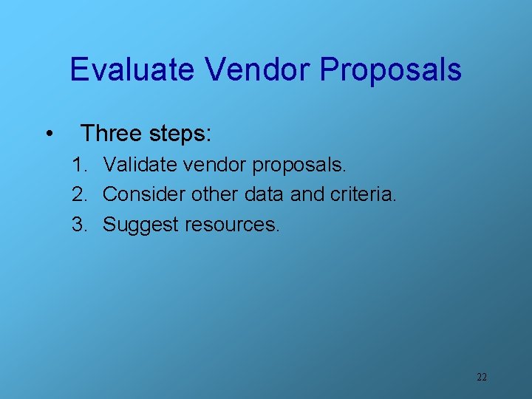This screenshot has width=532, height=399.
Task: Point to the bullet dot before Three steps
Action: (48, 134)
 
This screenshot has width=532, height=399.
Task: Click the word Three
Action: (110, 133)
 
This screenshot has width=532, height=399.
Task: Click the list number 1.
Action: (78, 165)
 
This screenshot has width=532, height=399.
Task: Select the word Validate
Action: (138, 165)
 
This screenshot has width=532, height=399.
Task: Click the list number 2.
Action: (78, 194)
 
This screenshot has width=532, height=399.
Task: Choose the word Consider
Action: (144, 194)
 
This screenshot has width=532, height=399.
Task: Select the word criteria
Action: (364, 194)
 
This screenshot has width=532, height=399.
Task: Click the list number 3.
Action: (78, 224)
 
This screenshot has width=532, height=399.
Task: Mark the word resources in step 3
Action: (232, 225)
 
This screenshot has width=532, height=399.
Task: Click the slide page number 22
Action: (482, 377)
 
